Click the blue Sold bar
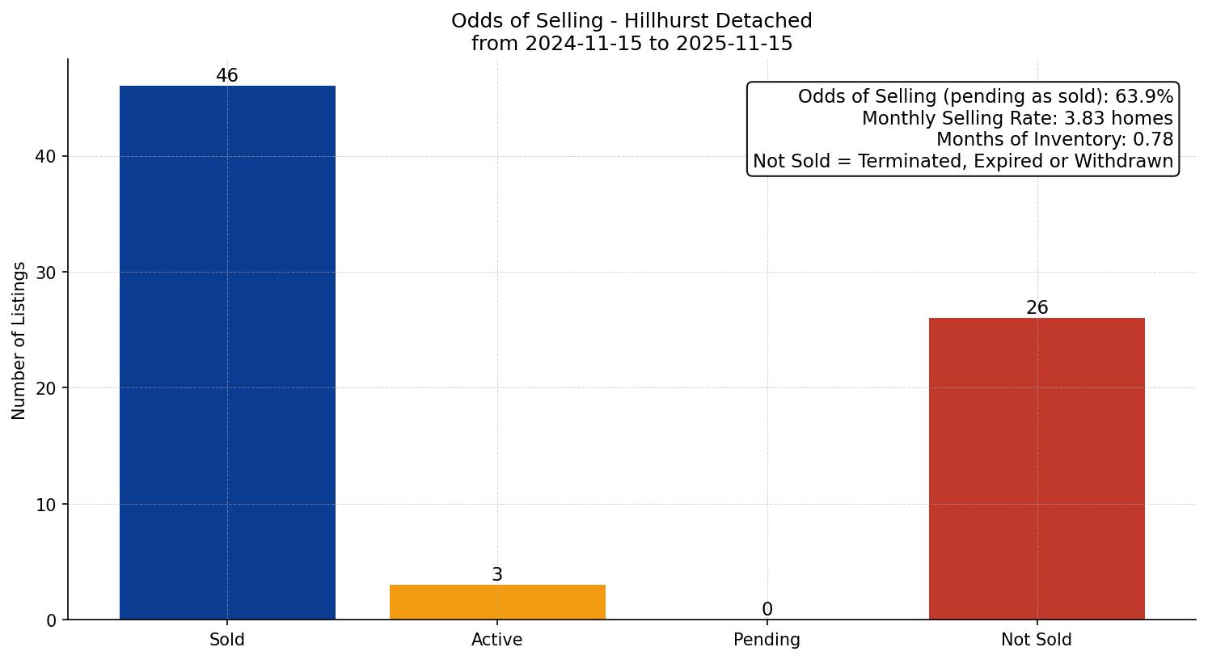[227, 353]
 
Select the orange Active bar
[497, 602]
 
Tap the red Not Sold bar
[1037, 468]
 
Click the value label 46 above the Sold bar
[227, 76]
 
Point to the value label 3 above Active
[497, 575]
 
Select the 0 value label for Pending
[767, 610]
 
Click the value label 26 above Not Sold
[1037, 308]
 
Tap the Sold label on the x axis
[227, 640]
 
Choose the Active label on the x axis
[497, 640]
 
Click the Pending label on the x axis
[767, 640]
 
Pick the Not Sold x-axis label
[1037, 640]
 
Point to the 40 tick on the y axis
[46, 157]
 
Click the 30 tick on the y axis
[46, 273]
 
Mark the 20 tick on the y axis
[46, 388]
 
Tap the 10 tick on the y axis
[46, 505]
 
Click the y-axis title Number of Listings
[19, 341]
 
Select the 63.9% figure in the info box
[1144, 97]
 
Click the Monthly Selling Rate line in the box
[1017, 118]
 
